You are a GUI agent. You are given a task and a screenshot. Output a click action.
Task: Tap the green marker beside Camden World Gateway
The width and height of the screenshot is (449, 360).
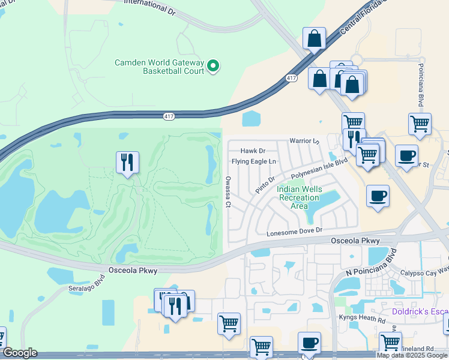pyautogui.click(x=212, y=66)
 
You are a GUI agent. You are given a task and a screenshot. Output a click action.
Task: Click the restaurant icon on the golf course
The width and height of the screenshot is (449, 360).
pyautogui.click(x=127, y=162)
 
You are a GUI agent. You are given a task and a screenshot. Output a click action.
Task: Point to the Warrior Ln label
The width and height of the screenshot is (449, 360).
pyautogui.click(x=305, y=141)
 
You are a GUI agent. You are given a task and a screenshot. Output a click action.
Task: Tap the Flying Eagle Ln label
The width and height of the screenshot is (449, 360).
pyautogui.click(x=254, y=161)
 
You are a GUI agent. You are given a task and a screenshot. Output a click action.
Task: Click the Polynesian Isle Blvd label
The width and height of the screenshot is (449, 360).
pyautogui.click(x=319, y=169)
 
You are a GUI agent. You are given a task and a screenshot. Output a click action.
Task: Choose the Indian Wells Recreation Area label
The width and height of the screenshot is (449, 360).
pyautogui.click(x=300, y=197)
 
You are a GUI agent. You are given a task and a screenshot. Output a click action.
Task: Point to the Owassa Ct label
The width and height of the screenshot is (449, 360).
pyautogui.click(x=228, y=191)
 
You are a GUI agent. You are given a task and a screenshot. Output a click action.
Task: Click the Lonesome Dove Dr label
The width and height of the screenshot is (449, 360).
pyautogui.click(x=294, y=230)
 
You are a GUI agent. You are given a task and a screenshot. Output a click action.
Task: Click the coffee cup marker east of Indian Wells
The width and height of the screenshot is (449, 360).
pyautogui.click(x=378, y=196)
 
